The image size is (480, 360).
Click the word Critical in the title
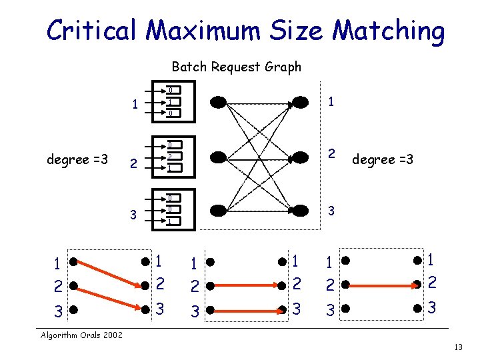[91, 31]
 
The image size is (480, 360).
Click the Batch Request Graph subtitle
[236, 67]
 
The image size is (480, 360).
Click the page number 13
[457, 347]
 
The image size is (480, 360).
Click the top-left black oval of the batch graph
[219, 102]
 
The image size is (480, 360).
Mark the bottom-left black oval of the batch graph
[219, 211]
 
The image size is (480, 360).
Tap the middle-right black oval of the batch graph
[301, 157]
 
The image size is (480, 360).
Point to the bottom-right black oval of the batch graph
[301, 211]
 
